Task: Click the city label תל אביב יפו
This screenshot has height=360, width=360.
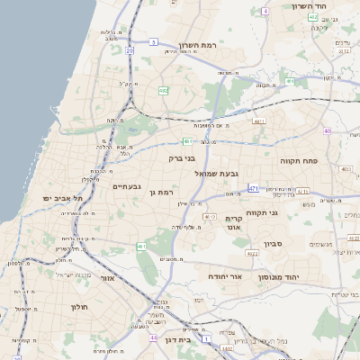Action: (x=62, y=198)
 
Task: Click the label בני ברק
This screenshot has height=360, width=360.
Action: (x=182, y=157)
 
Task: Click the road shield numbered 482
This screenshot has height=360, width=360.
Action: (x=164, y=91)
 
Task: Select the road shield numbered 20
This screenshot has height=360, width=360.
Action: (x=130, y=50)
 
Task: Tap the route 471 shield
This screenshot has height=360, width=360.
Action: (x=254, y=189)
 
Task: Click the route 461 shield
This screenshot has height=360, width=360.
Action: (x=141, y=247)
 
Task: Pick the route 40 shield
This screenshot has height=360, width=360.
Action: (x=327, y=131)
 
